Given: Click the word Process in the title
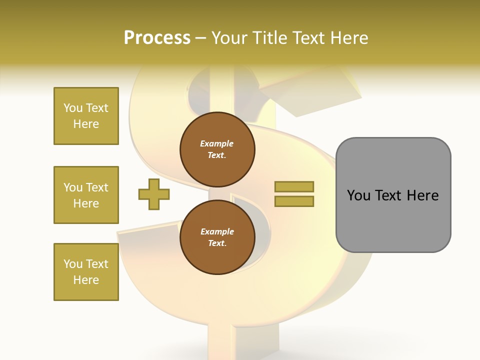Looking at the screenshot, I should (x=157, y=38).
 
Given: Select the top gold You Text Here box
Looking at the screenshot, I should (x=86, y=116).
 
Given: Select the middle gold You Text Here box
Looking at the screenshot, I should (x=86, y=195).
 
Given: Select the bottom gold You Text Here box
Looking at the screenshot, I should (x=86, y=272).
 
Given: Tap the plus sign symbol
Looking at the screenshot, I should (x=154, y=194).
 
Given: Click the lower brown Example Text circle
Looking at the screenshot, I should (x=217, y=237).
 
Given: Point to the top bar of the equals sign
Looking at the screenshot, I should (x=294, y=187).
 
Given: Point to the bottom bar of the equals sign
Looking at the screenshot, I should (x=294, y=201).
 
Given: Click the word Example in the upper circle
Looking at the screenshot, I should (x=217, y=143).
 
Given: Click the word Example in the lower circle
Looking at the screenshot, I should (x=217, y=231).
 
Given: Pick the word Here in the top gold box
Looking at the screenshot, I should (x=86, y=124).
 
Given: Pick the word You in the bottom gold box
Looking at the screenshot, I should (x=73, y=264).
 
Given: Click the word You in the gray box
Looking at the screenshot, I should (x=359, y=195).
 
